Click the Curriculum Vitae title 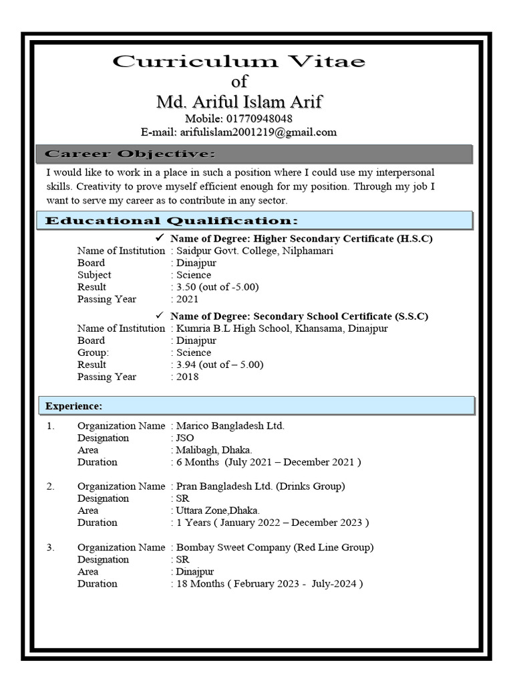click(x=238, y=62)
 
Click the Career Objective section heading click(x=130, y=155)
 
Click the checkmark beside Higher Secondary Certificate click(x=159, y=238)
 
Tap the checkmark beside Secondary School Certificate click(x=159, y=316)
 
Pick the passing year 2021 click(x=187, y=299)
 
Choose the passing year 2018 click(x=187, y=377)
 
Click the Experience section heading click(x=73, y=406)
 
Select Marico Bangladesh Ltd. click(x=230, y=426)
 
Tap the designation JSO click(x=184, y=438)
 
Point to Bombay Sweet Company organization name click(x=275, y=547)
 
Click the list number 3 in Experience click(x=51, y=547)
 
